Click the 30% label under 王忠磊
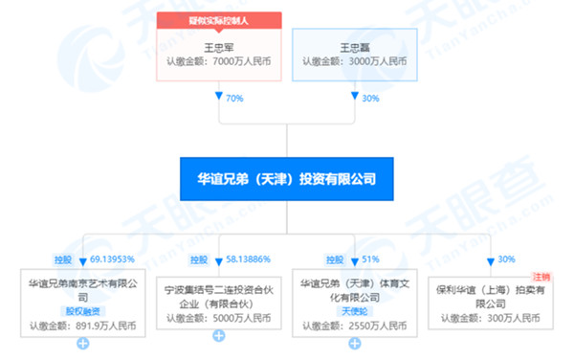(369, 97)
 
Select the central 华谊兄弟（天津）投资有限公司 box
(286, 178)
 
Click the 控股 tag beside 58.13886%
(199, 259)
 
